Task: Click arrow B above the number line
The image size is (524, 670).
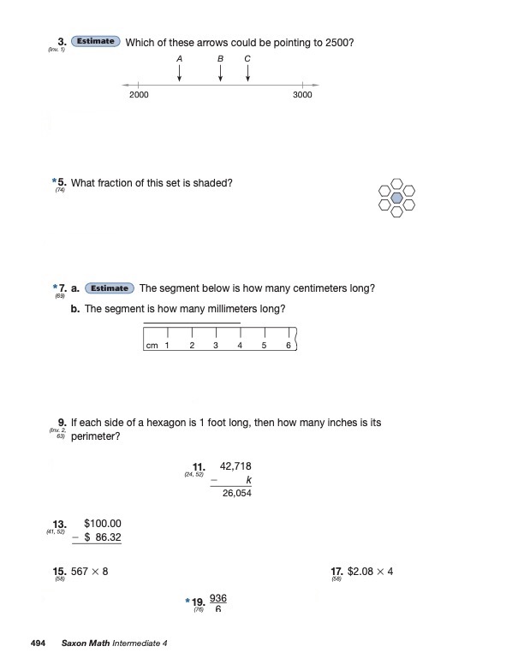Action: point(221,74)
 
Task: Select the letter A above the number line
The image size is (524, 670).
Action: point(180,57)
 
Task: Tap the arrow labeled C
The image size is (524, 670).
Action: point(247,74)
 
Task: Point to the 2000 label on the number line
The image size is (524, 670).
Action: point(139,95)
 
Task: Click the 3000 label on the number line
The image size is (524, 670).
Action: point(302,95)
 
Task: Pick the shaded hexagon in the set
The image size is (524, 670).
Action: point(396,197)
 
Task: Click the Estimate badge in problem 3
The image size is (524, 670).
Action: point(96,41)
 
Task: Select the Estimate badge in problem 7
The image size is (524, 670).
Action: point(110,288)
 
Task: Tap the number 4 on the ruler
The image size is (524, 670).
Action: point(240,346)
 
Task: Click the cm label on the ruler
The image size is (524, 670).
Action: point(152,346)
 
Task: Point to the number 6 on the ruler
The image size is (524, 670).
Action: point(289,346)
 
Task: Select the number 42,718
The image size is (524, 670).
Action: point(236,466)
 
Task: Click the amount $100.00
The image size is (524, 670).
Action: point(104,524)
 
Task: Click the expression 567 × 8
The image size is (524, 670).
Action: point(90,572)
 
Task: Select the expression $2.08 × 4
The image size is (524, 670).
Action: point(371,572)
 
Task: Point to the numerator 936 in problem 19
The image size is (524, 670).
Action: point(217,598)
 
